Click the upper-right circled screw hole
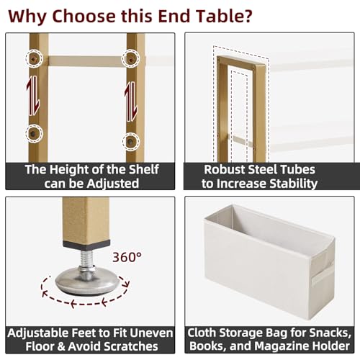pyautogui.click(x=130, y=57)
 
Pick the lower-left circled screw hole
pyautogui.click(x=34, y=132)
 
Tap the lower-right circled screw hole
pyautogui.click(x=130, y=140)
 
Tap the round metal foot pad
pyautogui.click(x=86, y=281)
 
